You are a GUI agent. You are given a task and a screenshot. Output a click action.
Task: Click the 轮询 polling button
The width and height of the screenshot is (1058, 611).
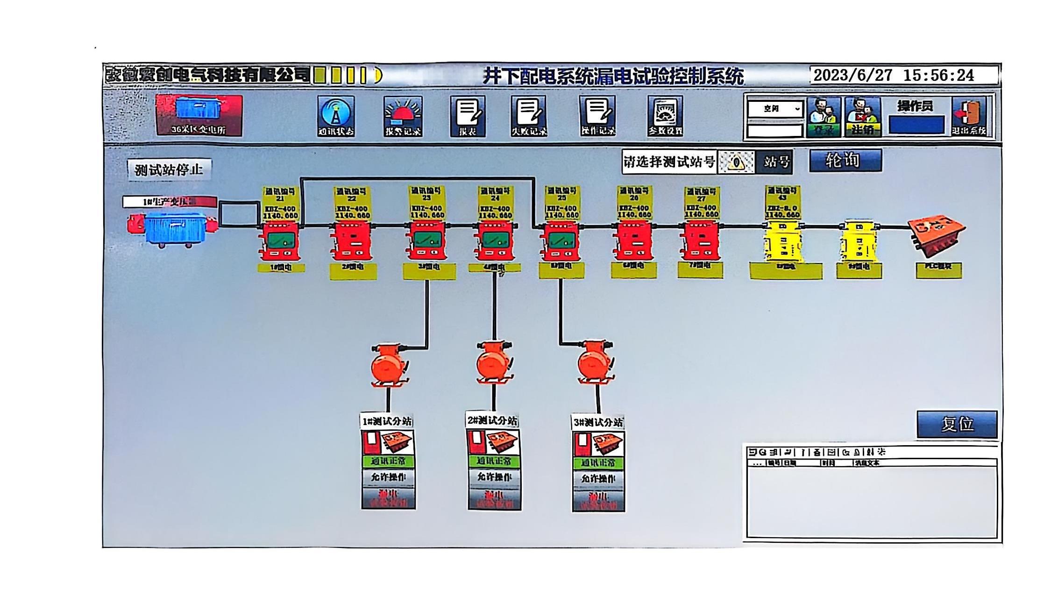tap(845, 161)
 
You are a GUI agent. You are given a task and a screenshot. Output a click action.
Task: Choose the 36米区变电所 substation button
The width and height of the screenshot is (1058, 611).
tap(199, 115)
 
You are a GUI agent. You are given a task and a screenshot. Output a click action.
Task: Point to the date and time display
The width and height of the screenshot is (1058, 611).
tap(894, 75)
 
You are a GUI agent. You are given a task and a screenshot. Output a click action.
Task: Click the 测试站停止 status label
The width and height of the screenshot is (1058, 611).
tap(169, 169)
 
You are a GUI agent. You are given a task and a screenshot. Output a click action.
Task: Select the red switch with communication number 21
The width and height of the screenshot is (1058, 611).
tap(280, 241)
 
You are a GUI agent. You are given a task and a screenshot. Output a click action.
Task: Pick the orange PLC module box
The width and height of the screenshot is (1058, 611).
tap(937, 235)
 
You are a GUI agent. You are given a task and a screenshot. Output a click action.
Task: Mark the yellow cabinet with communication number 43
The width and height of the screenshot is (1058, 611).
tap(783, 242)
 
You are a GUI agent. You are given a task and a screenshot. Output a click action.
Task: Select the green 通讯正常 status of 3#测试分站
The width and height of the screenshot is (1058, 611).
tap(598, 463)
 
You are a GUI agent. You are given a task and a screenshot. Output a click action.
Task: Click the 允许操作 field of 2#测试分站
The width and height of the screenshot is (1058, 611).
tap(494, 477)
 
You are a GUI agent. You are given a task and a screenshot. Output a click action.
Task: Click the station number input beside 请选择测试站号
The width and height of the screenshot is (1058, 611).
tap(736, 162)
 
